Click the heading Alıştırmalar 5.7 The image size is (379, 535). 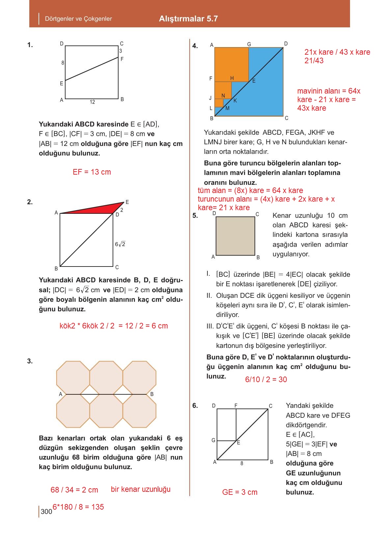(188, 19)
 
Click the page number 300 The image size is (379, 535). (46, 511)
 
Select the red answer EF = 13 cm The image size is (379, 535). (92, 172)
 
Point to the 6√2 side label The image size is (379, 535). (120, 244)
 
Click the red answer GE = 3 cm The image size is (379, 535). (240, 492)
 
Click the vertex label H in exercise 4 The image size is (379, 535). (232, 78)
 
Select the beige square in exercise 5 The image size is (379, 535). (235, 236)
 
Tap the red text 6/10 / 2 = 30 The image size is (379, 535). (266, 380)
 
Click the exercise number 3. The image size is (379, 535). (30, 361)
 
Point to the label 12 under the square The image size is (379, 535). (92, 102)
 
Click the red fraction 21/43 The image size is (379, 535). (314, 61)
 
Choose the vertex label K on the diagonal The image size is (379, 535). (235, 101)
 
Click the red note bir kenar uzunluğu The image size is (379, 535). (141, 489)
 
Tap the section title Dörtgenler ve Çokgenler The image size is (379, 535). (78, 19)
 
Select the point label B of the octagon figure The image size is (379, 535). (152, 394)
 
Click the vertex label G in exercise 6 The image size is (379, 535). (213, 440)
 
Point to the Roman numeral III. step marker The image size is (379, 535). (210, 326)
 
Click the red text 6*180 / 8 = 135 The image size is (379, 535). (78, 507)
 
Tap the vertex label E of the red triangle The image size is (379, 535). (127, 202)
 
